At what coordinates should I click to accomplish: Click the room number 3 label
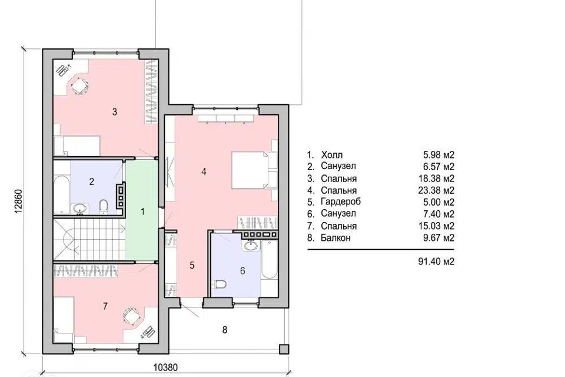click(x=115, y=112)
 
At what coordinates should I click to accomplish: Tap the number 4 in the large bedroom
click(x=204, y=172)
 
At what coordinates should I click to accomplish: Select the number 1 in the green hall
click(x=142, y=211)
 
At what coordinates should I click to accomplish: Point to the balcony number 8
click(x=224, y=330)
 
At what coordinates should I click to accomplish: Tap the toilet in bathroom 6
click(x=220, y=285)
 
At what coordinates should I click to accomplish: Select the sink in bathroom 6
click(x=251, y=246)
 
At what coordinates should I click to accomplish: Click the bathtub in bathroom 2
click(x=61, y=195)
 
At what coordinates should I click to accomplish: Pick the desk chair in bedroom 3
click(x=79, y=86)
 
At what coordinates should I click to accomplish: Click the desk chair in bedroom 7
click(x=131, y=316)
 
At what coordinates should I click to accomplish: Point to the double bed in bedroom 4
click(x=254, y=170)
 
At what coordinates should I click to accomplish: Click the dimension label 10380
click(x=166, y=368)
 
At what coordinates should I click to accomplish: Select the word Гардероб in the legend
click(x=341, y=201)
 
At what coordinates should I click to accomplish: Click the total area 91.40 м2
click(x=436, y=261)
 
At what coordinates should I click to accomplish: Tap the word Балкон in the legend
click(x=335, y=238)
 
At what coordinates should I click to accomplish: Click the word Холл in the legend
click(x=332, y=155)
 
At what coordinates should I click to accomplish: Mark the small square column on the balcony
click(x=284, y=349)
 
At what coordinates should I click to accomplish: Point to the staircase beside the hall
click(x=89, y=239)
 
